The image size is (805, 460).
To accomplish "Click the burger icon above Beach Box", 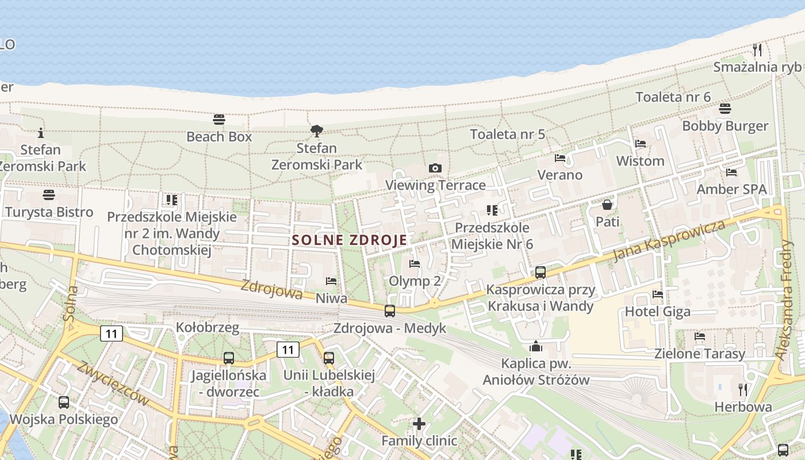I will pyautogui.click(x=219, y=120).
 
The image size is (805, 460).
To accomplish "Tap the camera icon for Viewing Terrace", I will pyautogui.click(x=435, y=168).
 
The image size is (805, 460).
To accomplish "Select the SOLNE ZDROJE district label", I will pyautogui.click(x=350, y=240).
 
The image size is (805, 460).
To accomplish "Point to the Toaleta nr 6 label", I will pyautogui.click(x=673, y=97).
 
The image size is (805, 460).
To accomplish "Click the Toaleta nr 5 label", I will pyautogui.click(x=507, y=135).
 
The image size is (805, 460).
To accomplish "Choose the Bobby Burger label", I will pyautogui.click(x=725, y=126).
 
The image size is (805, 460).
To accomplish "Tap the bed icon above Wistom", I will pyautogui.click(x=641, y=144).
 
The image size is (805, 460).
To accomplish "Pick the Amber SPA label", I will pyautogui.click(x=731, y=189).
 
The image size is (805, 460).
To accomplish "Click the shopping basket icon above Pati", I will pyautogui.click(x=607, y=205).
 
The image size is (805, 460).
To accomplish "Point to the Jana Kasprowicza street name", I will pyautogui.click(x=669, y=240).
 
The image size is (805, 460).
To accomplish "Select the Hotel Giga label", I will pyautogui.click(x=658, y=312).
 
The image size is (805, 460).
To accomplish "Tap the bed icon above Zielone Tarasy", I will pyautogui.click(x=700, y=336).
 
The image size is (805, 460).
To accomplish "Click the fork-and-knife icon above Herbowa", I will pyautogui.click(x=743, y=390).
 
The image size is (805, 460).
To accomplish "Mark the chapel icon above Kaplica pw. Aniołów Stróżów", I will pyautogui.click(x=536, y=346).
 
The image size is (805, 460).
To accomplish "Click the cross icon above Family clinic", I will pyautogui.click(x=419, y=424).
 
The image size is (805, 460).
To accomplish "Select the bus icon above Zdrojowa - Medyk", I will pyautogui.click(x=390, y=311).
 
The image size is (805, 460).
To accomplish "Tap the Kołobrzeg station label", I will pyautogui.click(x=208, y=327).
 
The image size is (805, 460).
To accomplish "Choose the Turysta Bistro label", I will pyautogui.click(x=49, y=212).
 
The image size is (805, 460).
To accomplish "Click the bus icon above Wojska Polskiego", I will pyautogui.click(x=63, y=402).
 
